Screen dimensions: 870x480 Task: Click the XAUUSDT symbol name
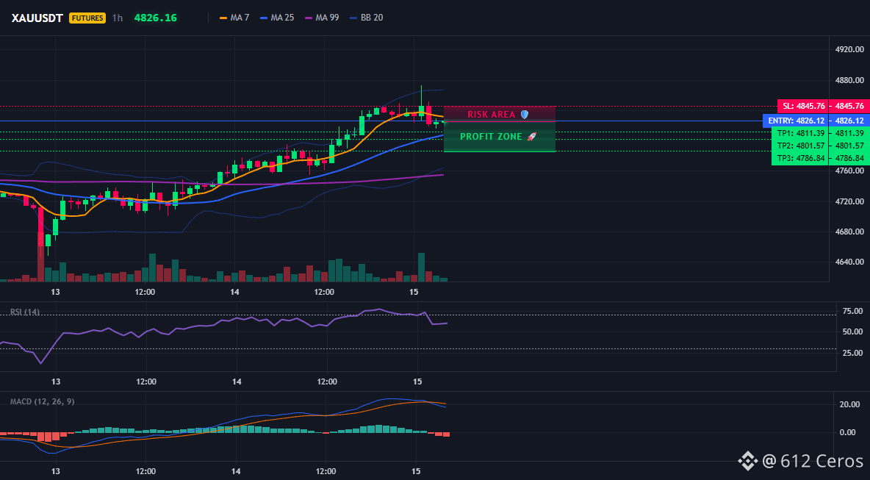coord(38,18)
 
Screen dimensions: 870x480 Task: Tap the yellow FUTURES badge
coord(87,18)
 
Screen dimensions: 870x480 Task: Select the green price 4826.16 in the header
coord(155,18)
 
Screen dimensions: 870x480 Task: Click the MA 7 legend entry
coord(234,18)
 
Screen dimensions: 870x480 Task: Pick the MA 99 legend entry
coord(322,18)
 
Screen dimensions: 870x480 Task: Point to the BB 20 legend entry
coord(366,18)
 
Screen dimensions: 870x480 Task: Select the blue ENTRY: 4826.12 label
coord(796,121)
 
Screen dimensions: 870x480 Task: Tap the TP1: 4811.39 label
coord(799,133)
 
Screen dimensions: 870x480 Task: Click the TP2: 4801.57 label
coord(799,146)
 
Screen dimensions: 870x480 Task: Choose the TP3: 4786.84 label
coord(799,158)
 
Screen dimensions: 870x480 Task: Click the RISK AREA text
coord(492,115)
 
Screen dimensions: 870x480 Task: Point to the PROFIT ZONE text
coord(492,137)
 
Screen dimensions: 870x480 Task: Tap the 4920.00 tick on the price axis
coord(849,50)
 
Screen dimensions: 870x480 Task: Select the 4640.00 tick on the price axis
coord(849,262)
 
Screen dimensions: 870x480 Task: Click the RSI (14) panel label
coord(25,312)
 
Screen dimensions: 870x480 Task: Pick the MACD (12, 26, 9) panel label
coord(42,401)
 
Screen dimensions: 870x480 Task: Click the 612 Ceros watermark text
coord(822,461)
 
